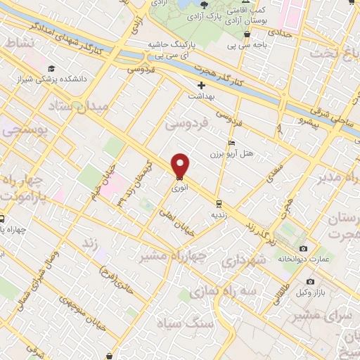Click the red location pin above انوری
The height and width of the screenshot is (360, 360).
tap(181, 165)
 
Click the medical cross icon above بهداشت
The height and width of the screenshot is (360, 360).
tap(201, 85)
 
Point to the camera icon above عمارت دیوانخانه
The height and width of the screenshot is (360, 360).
tap(303, 249)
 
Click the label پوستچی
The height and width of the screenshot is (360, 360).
tap(20, 131)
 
